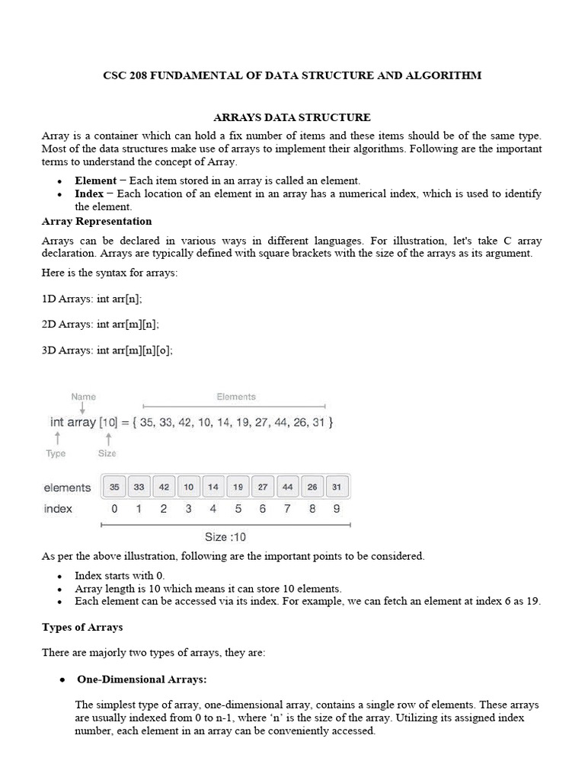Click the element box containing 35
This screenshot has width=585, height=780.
click(x=114, y=487)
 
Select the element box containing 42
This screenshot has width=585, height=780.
click(x=164, y=487)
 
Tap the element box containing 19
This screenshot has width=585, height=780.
click(x=238, y=487)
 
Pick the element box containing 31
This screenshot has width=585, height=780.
click(x=337, y=487)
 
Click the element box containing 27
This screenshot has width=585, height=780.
click(x=263, y=487)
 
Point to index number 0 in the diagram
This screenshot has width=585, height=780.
click(x=114, y=509)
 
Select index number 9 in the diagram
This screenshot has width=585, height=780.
click(x=337, y=509)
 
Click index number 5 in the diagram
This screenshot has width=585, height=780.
click(x=238, y=509)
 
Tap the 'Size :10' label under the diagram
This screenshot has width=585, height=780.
click(x=225, y=536)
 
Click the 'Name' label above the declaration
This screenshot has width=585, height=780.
click(x=84, y=397)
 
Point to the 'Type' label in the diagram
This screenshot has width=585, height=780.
click(x=56, y=453)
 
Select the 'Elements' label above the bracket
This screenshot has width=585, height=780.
click(x=236, y=397)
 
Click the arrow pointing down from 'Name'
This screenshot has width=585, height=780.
click(x=83, y=409)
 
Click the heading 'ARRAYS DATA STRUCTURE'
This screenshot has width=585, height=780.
click(x=292, y=117)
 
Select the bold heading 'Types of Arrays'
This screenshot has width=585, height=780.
click(x=82, y=627)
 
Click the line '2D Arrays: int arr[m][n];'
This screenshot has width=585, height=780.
click(x=101, y=324)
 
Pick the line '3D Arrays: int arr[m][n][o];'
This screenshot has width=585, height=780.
click(x=107, y=350)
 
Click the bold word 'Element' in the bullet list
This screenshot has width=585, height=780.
click(x=95, y=181)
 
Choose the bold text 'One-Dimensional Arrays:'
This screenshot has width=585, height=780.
click(x=142, y=679)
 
